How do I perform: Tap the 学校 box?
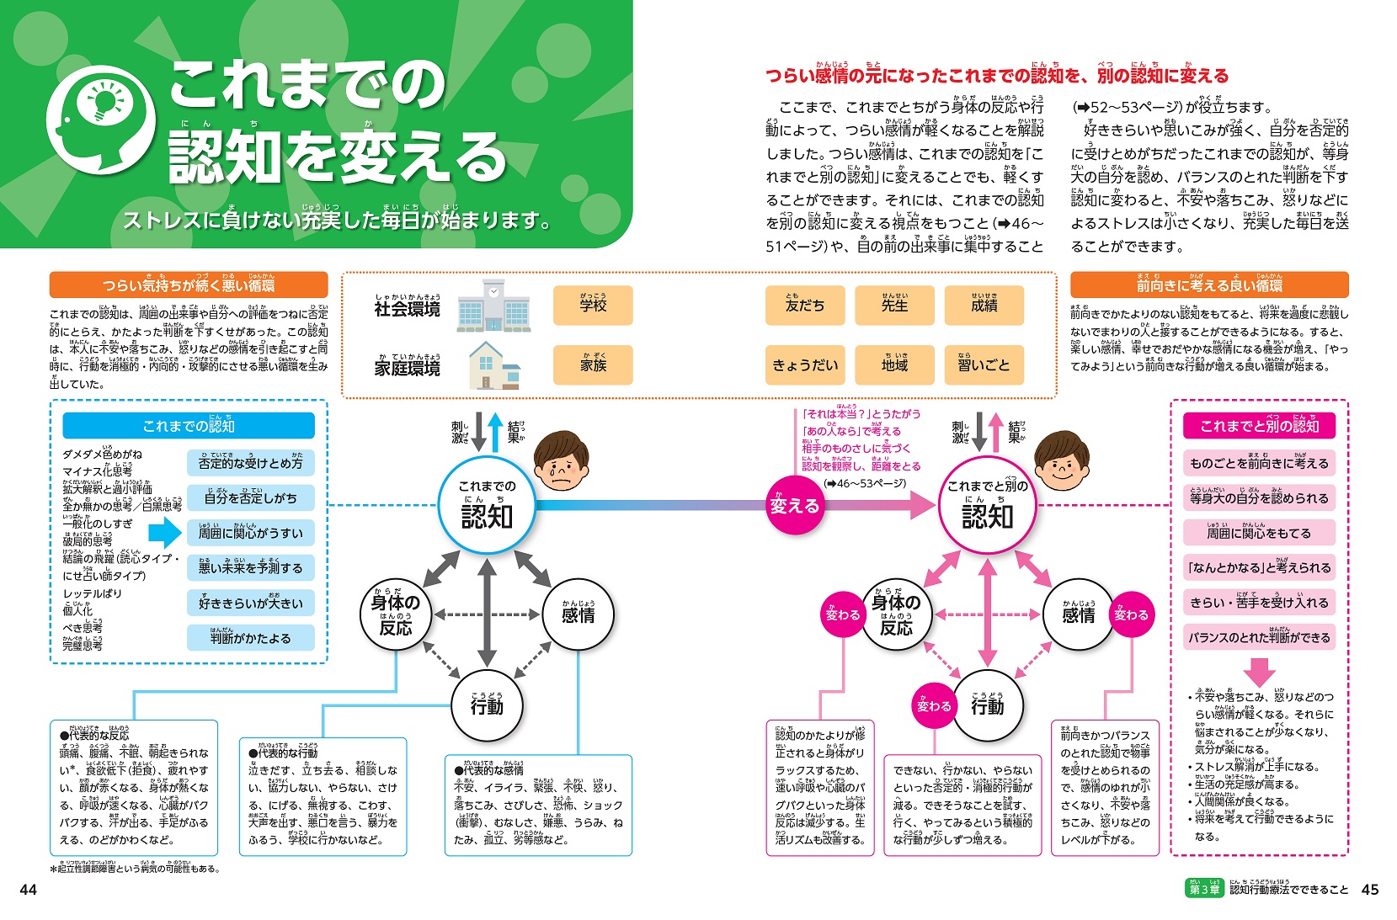(x=593, y=306)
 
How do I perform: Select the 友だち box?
(x=805, y=306)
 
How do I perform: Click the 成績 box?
(x=984, y=306)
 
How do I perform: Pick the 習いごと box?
(x=984, y=365)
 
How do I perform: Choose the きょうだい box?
(x=805, y=365)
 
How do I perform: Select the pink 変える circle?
(x=794, y=506)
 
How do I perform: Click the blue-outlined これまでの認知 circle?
(x=487, y=506)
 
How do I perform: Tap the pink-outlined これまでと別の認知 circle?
(x=987, y=506)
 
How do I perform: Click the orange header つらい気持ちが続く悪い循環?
(x=189, y=285)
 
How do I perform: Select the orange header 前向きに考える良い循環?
(x=1209, y=285)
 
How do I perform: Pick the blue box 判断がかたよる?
(x=250, y=638)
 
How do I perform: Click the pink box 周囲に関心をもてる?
(x=1259, y=533)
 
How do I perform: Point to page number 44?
(x=29, y=890)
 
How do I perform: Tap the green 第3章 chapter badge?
(x=1204, y=890)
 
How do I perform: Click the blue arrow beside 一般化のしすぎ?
(x=165, y=533)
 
